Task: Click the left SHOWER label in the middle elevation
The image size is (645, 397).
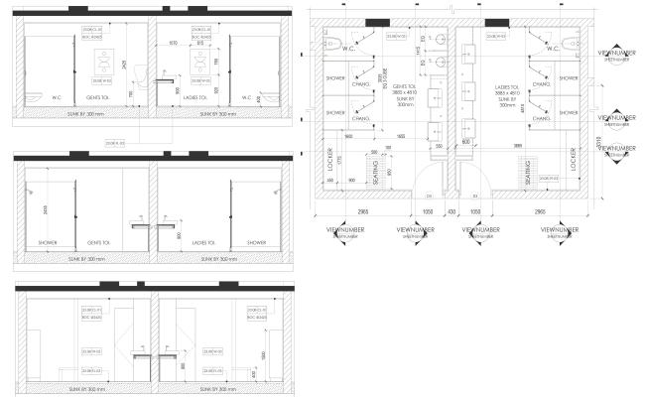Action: [x=48, y=242]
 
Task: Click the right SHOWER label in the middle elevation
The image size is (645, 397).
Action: [x=257, y=242]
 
